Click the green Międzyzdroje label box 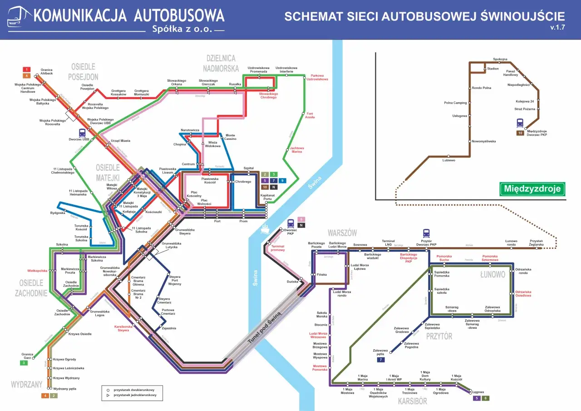[x=532, y=189]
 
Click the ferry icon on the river [x=265, y=229]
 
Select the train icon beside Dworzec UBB [x=82, y=133]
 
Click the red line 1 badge [x=27, y=69]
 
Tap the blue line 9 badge [x=283, y=180]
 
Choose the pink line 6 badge [x=301, y=219]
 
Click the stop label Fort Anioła [x=310, y=115]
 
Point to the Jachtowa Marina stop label [x=297, y=150]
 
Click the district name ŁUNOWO [x=492, y=275]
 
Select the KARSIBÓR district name [x=413, y=401]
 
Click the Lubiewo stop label [x=448, y=160]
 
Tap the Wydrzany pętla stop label [x=64, y=389]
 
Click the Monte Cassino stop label [x=230, y=137]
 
